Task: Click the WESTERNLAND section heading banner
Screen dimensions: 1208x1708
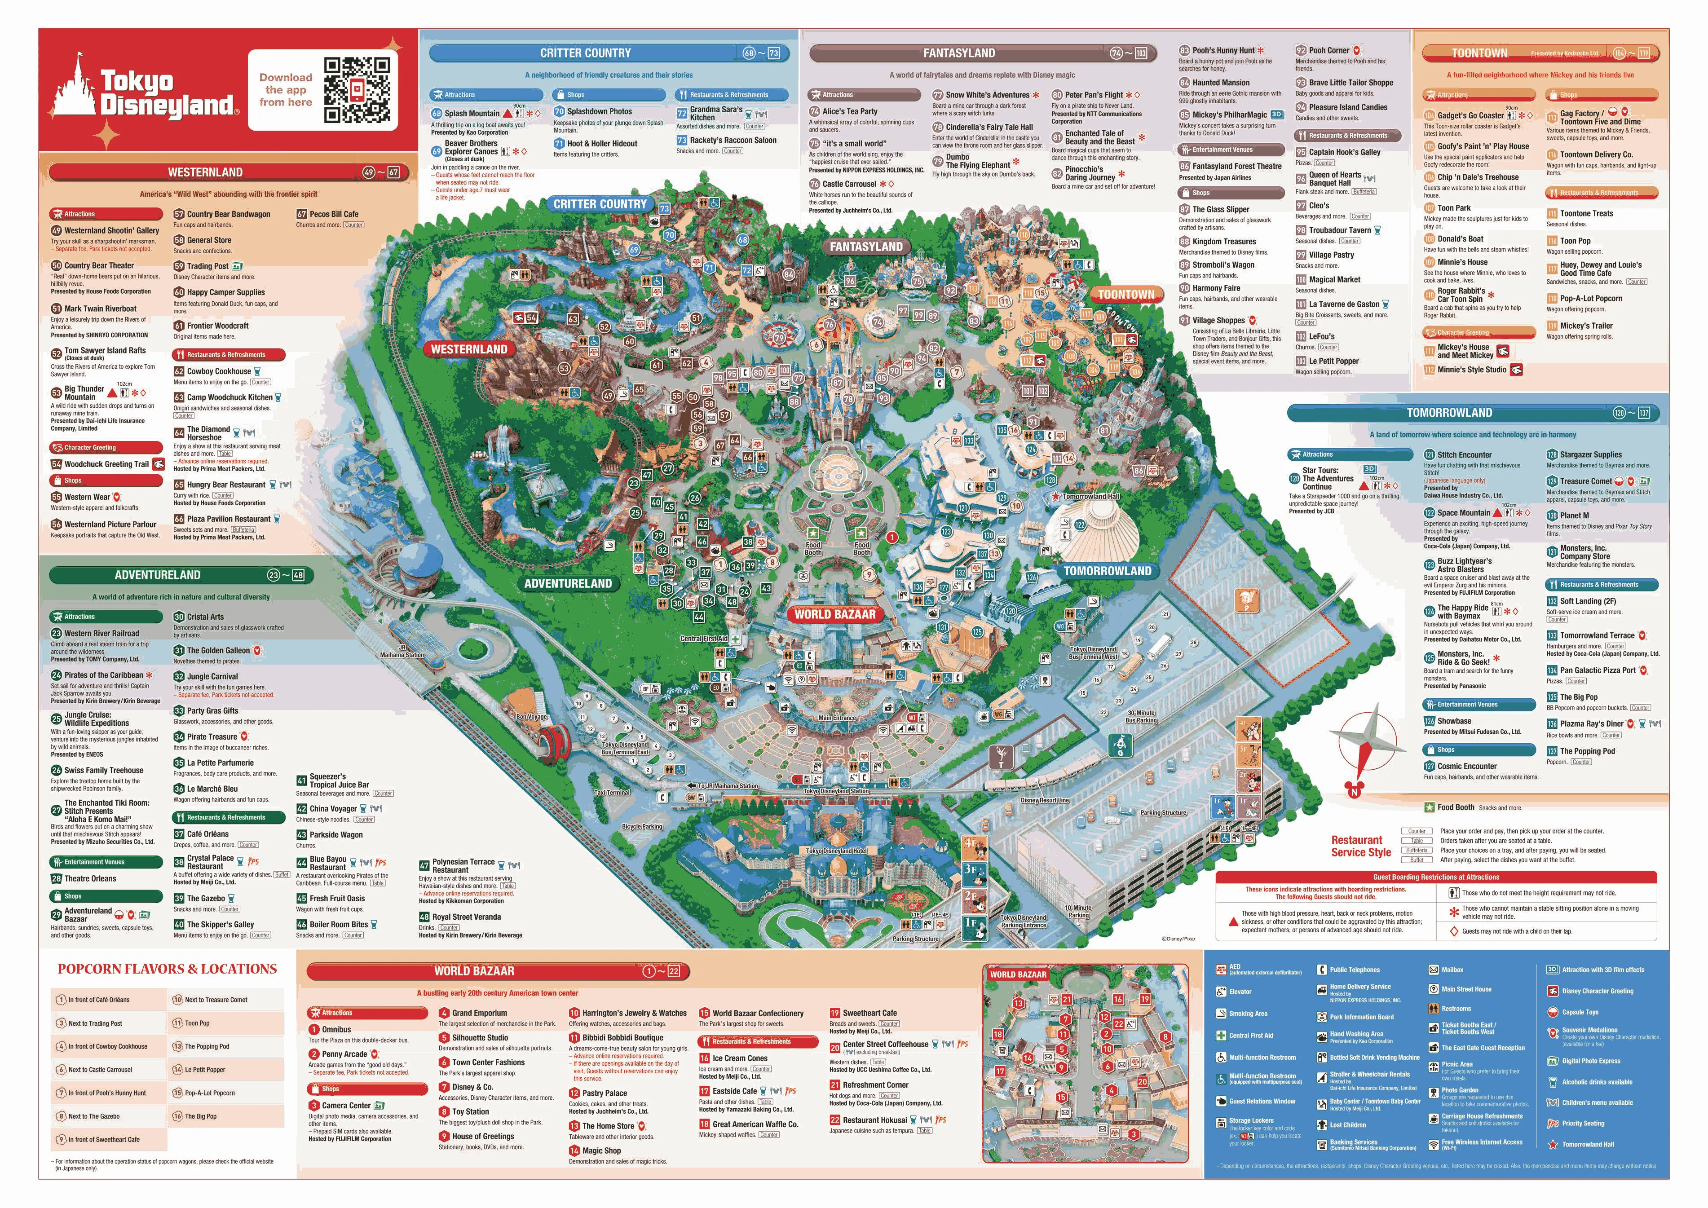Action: coord(205,172)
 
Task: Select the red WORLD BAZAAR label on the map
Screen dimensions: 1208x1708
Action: coord(834,614)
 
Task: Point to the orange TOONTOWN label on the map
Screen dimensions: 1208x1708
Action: coord(1126,295)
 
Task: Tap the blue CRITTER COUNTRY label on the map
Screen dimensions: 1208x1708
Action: coord(600,204)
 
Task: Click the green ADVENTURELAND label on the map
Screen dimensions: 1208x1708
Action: coord(568,583)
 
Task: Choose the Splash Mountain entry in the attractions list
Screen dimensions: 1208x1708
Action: coord(472,114)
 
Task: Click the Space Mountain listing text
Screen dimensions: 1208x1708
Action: coord(1463,512)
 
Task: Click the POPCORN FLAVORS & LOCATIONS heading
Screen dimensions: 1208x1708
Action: coord(168,969)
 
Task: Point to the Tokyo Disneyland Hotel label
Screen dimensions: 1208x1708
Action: coord(836,850)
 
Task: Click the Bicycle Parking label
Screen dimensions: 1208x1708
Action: coord(641,826)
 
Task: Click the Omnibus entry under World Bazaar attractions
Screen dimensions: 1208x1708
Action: coord(336,1029)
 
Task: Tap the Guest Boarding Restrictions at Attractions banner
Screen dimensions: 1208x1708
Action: coord(1436,877)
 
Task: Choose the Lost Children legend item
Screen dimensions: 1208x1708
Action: coord(1347,1124)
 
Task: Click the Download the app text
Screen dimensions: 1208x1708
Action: coord(286,89)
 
